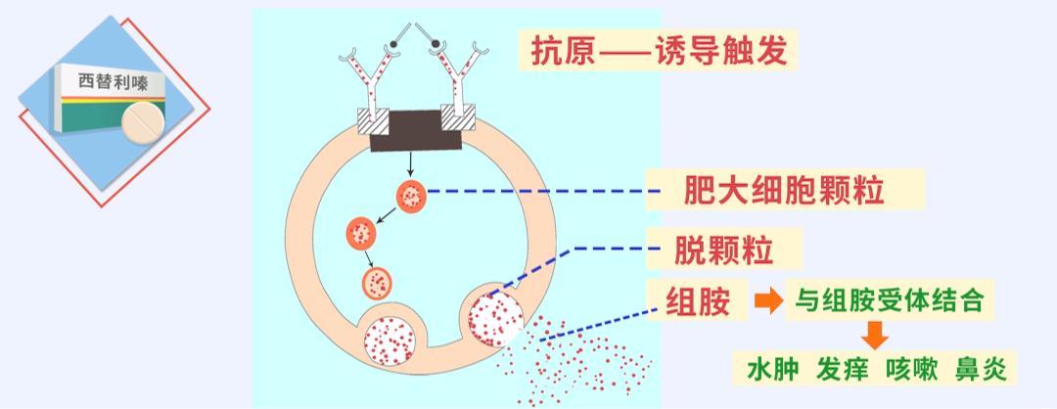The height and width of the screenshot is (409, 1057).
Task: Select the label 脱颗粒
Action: (723, 250)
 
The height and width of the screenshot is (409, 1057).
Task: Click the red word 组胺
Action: (698, 301)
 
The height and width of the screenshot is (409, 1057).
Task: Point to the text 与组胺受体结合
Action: (889, 300)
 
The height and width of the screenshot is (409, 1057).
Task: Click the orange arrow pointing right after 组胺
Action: (769, 301)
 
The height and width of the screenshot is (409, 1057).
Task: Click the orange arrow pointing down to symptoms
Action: (876, 337)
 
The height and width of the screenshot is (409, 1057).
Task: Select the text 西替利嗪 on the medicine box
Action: (109, 83)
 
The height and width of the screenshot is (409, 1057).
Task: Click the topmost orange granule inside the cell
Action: (411, 197)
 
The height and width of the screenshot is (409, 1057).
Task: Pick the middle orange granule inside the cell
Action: (361, 234)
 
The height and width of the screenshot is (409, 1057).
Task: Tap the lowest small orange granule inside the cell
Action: (377, 283)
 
